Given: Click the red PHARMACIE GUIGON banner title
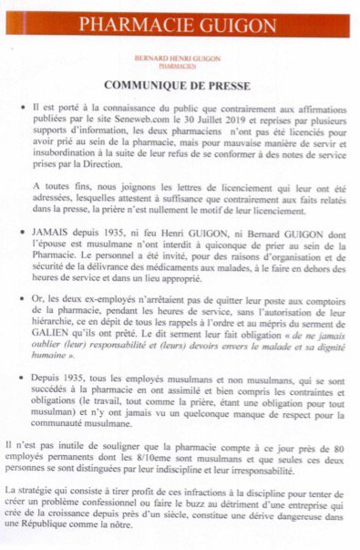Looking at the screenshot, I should [180, 25].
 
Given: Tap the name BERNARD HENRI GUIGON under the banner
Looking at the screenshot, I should [179, 57].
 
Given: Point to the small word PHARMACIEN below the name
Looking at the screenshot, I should [179, 66].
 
